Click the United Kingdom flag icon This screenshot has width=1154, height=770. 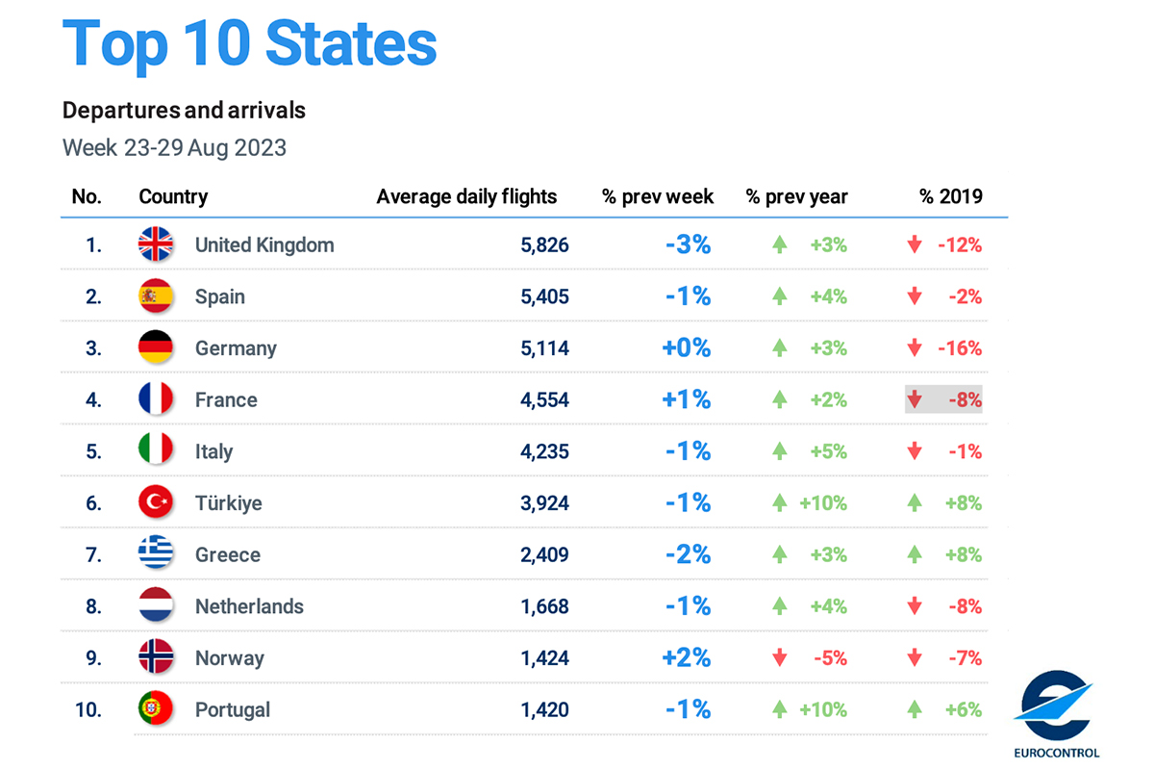156,244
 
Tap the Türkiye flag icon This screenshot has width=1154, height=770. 156,502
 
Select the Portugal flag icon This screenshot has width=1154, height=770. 156,709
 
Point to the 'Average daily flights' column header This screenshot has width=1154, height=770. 466,196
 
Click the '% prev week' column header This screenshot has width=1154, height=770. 658,196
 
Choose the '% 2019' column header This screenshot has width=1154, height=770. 950,196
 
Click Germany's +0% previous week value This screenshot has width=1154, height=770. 687,347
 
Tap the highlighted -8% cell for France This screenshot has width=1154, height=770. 943,399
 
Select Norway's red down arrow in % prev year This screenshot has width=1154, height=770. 780,658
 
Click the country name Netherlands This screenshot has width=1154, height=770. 249,606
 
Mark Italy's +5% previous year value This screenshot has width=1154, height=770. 828,451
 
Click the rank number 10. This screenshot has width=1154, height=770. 88,709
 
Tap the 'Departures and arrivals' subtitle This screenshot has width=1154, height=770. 184,111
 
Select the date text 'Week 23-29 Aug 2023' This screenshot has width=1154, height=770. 174,148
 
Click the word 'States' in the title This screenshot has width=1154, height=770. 351,43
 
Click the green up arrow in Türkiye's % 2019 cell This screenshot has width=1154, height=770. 915,502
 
